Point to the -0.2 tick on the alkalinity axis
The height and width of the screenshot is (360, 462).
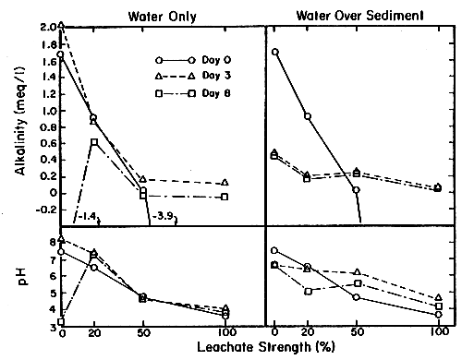(x=42, y=210)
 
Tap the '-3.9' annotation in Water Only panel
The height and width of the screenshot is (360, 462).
(x=163, y=218)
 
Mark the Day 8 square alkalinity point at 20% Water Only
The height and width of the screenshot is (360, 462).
(x=94, y=141)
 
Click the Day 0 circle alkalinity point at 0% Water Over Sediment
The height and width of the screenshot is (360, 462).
(x=275, y=53)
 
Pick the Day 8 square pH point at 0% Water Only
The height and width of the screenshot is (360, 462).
(x=61, y=322)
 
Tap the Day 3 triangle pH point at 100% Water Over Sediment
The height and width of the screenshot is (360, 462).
(x=439, y=298)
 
